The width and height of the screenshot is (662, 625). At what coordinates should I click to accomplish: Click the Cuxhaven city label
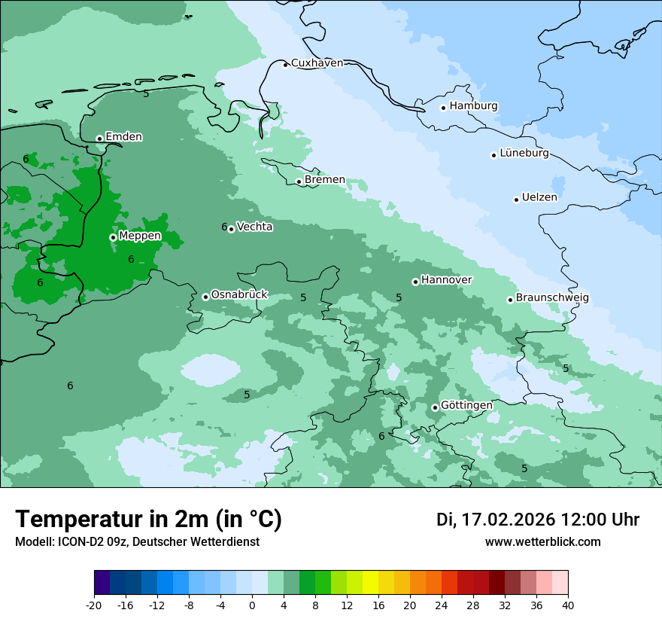317,63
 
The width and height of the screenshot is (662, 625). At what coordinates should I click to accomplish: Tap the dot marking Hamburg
444,108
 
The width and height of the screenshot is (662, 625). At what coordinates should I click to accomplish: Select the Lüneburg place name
524,154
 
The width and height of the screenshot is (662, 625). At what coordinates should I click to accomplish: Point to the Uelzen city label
539,198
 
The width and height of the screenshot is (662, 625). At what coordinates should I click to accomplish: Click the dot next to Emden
99,139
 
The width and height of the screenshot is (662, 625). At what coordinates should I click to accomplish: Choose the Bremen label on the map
325,180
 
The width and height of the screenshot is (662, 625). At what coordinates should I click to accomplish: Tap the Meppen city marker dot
113,237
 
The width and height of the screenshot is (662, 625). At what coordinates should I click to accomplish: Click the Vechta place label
254,227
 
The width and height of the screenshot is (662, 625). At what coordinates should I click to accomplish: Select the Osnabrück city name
239,295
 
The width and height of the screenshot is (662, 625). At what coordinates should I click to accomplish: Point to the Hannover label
446,280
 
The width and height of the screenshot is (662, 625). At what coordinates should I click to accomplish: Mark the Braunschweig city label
552,298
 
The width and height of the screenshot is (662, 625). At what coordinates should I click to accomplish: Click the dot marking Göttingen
435,407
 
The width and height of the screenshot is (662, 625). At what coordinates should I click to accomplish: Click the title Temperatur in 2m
148,520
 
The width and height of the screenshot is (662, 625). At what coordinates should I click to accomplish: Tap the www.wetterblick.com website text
542,542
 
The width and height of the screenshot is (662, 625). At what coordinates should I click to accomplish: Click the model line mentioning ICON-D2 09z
137,542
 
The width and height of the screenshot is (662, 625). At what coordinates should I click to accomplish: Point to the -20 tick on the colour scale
94,605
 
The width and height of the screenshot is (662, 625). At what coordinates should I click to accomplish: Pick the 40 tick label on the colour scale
568,605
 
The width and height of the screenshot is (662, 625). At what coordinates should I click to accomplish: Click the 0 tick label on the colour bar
252,605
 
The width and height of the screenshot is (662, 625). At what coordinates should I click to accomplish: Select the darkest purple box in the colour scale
102,583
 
